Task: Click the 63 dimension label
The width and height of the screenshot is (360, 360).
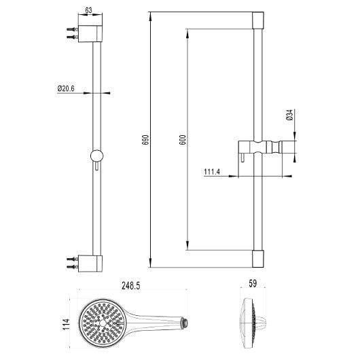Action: [88, 10]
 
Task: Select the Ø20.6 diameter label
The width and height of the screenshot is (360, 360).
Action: [66, 88]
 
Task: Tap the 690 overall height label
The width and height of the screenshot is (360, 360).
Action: [145, 140]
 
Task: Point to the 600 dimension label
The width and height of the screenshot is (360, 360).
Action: [182, 140]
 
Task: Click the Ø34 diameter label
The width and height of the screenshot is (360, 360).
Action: [290, 115]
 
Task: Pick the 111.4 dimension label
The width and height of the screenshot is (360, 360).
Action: [212, 171]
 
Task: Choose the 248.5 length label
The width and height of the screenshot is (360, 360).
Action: [130, 286]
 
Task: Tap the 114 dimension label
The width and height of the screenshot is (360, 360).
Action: [67, 324]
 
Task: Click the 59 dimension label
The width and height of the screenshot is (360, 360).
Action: [253, 283]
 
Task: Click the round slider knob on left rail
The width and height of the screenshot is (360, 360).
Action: [96, 156]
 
